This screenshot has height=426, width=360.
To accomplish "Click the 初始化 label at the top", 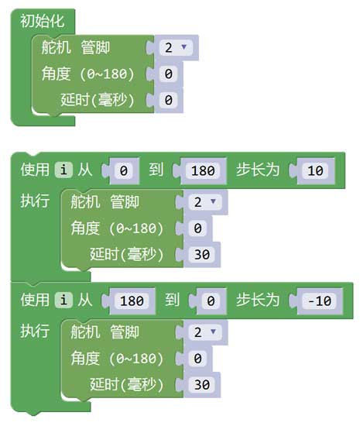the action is tap(43, 21).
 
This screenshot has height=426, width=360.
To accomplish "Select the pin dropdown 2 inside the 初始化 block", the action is tap(176, 47).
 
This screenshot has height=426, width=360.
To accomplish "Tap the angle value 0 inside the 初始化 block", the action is tap(168, 74).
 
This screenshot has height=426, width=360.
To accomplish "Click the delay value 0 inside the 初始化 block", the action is tap(168, 100).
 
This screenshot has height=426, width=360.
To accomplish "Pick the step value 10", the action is tap(315, 170).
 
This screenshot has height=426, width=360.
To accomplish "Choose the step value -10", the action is tap(319, 301).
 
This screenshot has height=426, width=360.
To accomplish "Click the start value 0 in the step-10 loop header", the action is tap(124, 170).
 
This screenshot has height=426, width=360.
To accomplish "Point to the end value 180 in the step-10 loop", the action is tap(203, 170).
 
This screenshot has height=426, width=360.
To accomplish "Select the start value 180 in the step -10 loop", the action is tap(132, 301).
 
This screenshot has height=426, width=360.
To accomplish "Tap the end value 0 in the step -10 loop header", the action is tap(211, 301).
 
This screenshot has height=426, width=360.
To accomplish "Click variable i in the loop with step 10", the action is tap(63, 170).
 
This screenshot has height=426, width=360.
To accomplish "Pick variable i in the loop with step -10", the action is tap(63, 301).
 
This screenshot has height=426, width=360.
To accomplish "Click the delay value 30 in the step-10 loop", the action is tap(202, 255).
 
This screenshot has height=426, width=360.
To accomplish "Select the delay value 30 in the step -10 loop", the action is tap(202, 385).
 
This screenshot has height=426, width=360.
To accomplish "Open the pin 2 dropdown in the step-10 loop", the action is tap(205, 202).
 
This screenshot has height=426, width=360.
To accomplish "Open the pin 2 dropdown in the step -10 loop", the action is tap(205, 332).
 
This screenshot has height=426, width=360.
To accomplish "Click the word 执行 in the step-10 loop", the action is tap(35, 201).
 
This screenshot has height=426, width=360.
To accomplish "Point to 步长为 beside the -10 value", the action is tap(258, 300).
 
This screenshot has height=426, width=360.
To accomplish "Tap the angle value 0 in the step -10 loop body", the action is tap(197, 359).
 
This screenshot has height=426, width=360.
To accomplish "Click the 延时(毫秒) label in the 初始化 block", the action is tap(98, 100).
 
